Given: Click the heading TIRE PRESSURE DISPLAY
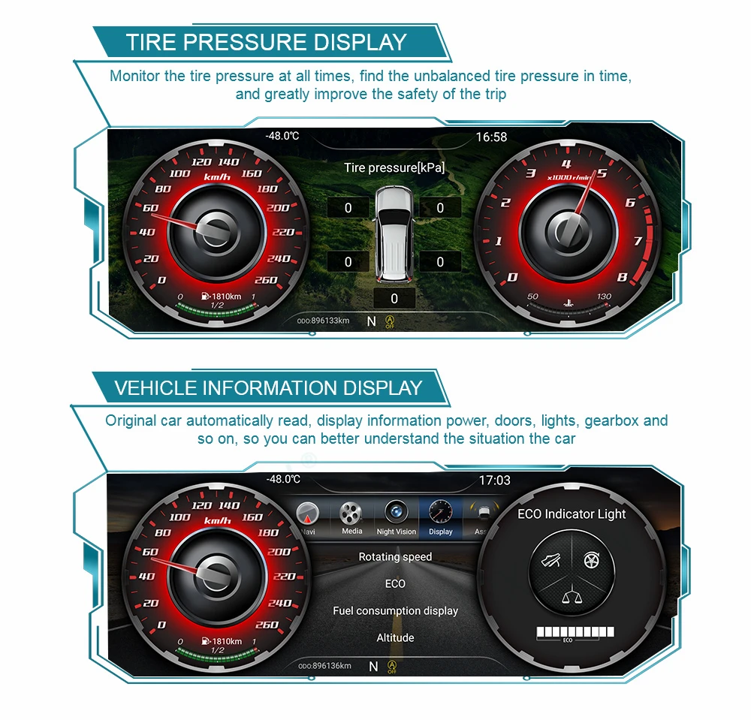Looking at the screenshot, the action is pyautogui.click(x=267, y=41).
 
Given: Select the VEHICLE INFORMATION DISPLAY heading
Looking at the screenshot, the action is pyautogui.click(x=268, y=388).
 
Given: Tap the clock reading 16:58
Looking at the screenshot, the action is pyautogui.click(x=491, y=137).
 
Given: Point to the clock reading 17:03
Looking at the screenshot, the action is pyautogui.click(x=494, y=481).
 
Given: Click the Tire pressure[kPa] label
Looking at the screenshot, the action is pyautogui.click(x=394, y=167).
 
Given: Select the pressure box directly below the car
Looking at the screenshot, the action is pyautogui.click(x=394, y=298).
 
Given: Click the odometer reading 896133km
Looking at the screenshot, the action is pyautogui.click(x=324, y=321).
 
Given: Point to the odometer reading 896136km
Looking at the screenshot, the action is pyautogui.click(x=324, y=666).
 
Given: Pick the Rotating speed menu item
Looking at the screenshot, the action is pyautogui.click(x=395, y=557).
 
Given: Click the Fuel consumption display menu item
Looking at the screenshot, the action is pyautogui.click(x=395, y=611).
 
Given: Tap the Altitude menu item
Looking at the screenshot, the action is pyautogui.click(x=395, y=638).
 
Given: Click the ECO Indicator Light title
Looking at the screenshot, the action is pyautogui.click(x=572, y=514).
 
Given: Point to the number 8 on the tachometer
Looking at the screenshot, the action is pyautogui.click(x=622, y=276).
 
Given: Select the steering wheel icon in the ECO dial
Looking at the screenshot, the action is pyautogui.click(x=590, y=559).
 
